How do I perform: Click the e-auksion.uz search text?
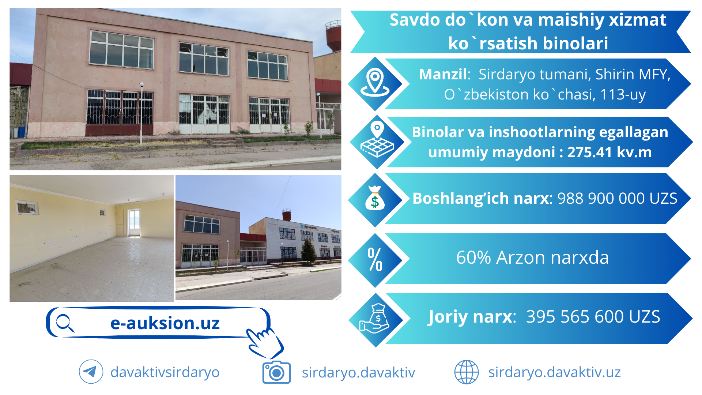coord(165,323)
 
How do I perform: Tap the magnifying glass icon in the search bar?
coord(65,323)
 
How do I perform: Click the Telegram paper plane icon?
coord(91,372)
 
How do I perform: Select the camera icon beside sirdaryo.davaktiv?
coord(276,372)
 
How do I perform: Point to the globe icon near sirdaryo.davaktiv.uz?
coord(466,372)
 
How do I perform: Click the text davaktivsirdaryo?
coord(165,372)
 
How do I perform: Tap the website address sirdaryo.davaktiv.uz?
coord(554,372)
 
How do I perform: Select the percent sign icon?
coord(375,259)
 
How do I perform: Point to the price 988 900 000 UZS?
coord(617,198)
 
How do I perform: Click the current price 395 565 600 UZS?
coord(593,317)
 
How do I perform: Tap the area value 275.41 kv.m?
coord(609,152)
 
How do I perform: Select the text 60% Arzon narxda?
coord(532,257)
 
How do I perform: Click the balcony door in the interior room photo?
coord(133,223)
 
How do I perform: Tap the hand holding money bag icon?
coord(375,319)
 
